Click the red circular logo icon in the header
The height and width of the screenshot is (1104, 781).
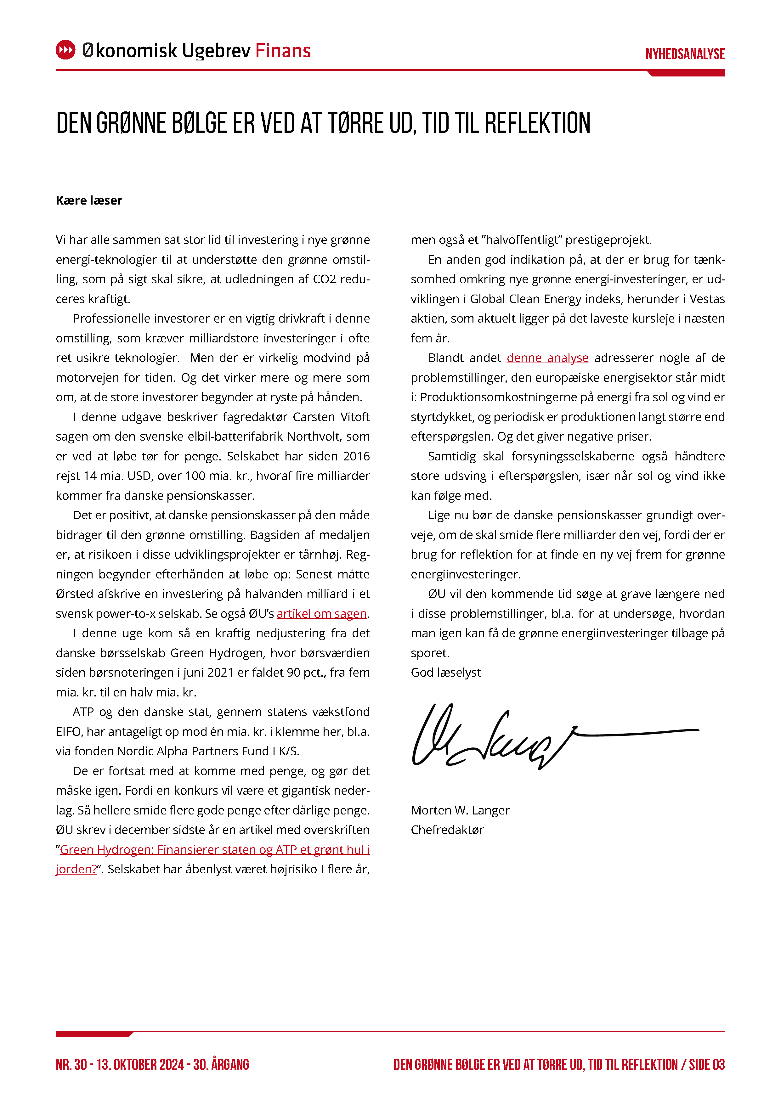pyautogui.click(x=65, y=50)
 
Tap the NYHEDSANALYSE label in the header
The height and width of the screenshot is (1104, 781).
pyautogui.click(x=685, y=54)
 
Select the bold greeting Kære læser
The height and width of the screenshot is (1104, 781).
pyautogui.click(x=89, y=200)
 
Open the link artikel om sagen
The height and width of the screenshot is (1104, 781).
pyautogui.click(x=322, y=614)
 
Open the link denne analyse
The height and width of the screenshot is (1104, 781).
pyautogui.click(x=547, y=358)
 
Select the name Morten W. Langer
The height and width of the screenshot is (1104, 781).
pyautogui.click(x=460, y=810)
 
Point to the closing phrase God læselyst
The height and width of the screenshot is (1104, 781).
pyautogui.click(x=446, y=673)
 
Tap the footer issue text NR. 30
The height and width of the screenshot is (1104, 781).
pyautogui.click(x=71, y=1065)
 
